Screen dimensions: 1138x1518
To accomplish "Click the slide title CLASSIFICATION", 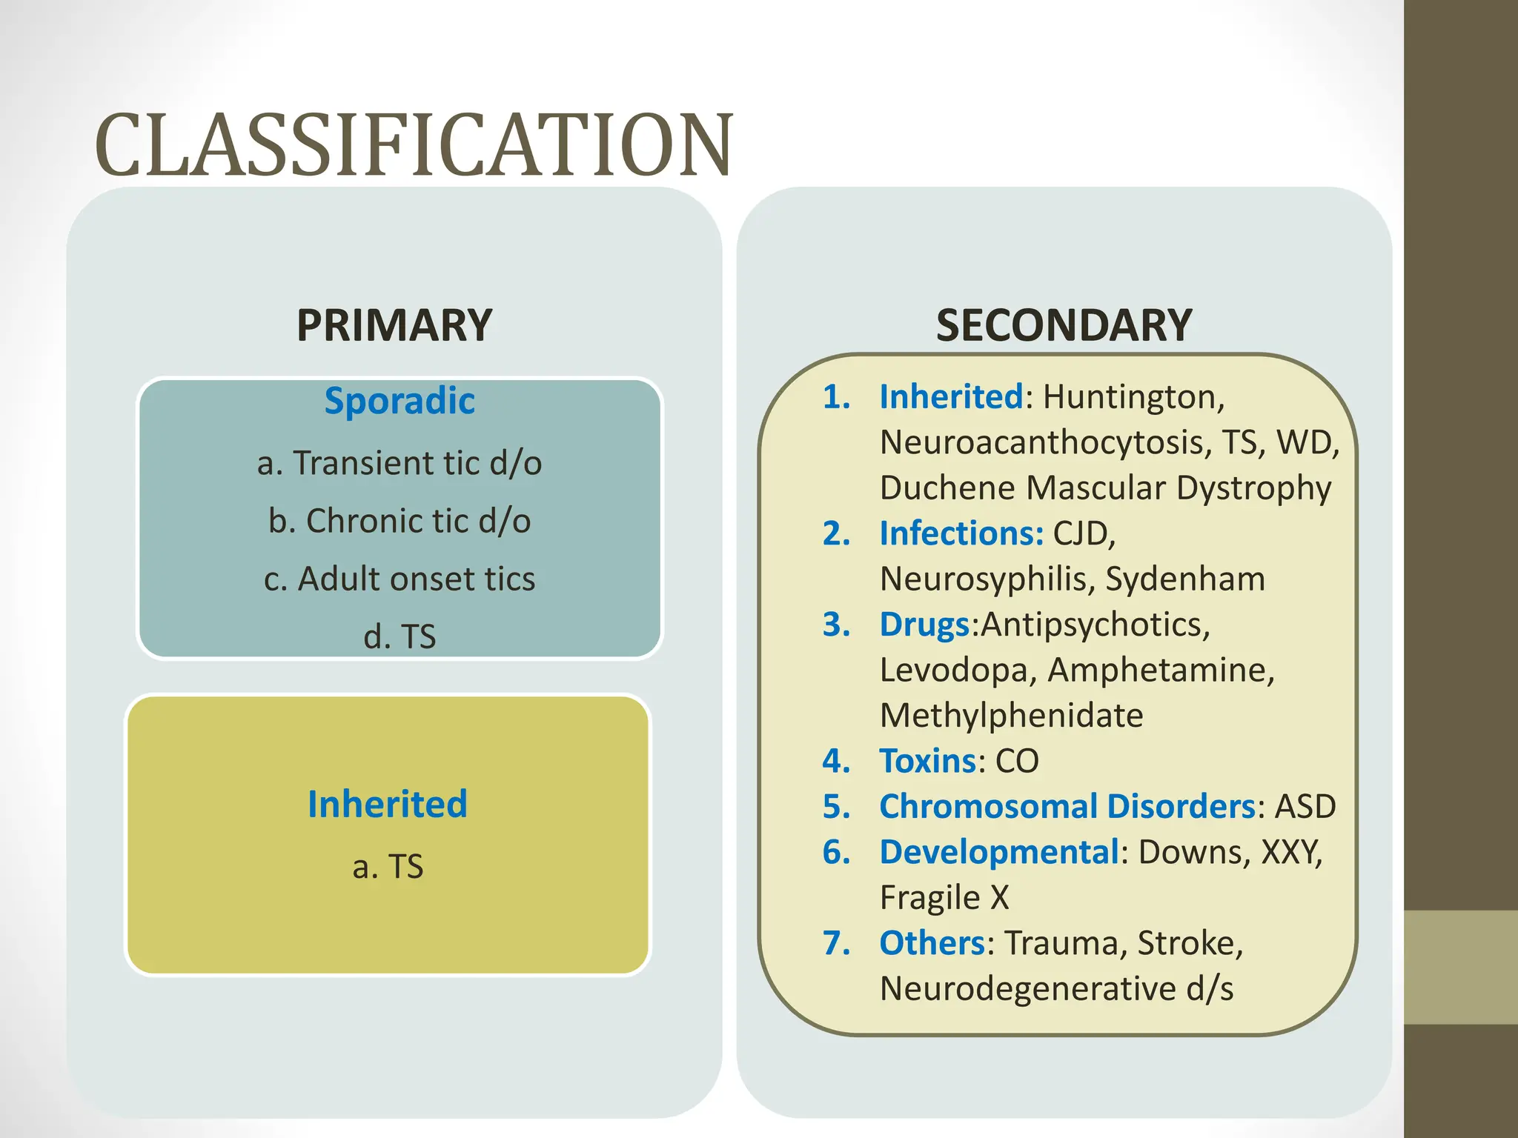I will [414, 146].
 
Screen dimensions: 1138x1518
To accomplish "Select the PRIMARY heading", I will [394, 325].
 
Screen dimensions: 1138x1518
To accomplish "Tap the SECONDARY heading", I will [1064, 325].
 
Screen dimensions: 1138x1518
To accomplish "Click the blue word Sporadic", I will [400, 401].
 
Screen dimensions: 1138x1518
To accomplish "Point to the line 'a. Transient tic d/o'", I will [400, 464].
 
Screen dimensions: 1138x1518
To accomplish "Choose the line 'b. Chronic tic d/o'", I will [400, 522].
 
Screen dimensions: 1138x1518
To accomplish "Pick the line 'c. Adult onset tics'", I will [400, 579].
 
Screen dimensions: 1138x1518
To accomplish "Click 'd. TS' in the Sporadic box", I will [400, 636].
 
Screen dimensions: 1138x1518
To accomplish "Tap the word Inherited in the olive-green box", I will [388, 805].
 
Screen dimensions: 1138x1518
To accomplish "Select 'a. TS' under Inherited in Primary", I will [388, 867].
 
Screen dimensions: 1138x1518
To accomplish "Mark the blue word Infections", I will [961, 533].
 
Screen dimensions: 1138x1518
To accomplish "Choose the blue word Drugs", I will [924, 625].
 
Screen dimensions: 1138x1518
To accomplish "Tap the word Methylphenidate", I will [1011, 716].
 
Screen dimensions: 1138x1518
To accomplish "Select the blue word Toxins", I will [927, 761].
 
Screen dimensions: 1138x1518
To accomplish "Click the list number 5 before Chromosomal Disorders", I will [836, 807].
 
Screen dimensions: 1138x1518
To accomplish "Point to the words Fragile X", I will [944, 898].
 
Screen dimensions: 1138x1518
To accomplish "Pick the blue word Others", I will [932, 943].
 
